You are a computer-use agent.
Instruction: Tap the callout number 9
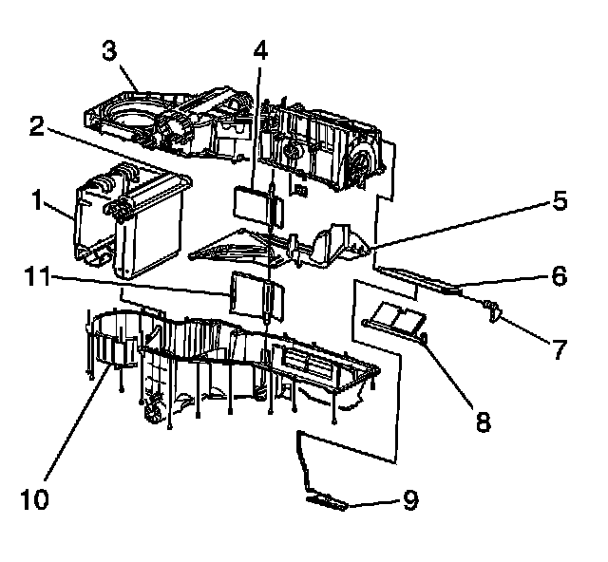click(x=410, y=498)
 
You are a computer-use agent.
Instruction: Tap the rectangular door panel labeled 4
click(x=251, y=203)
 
